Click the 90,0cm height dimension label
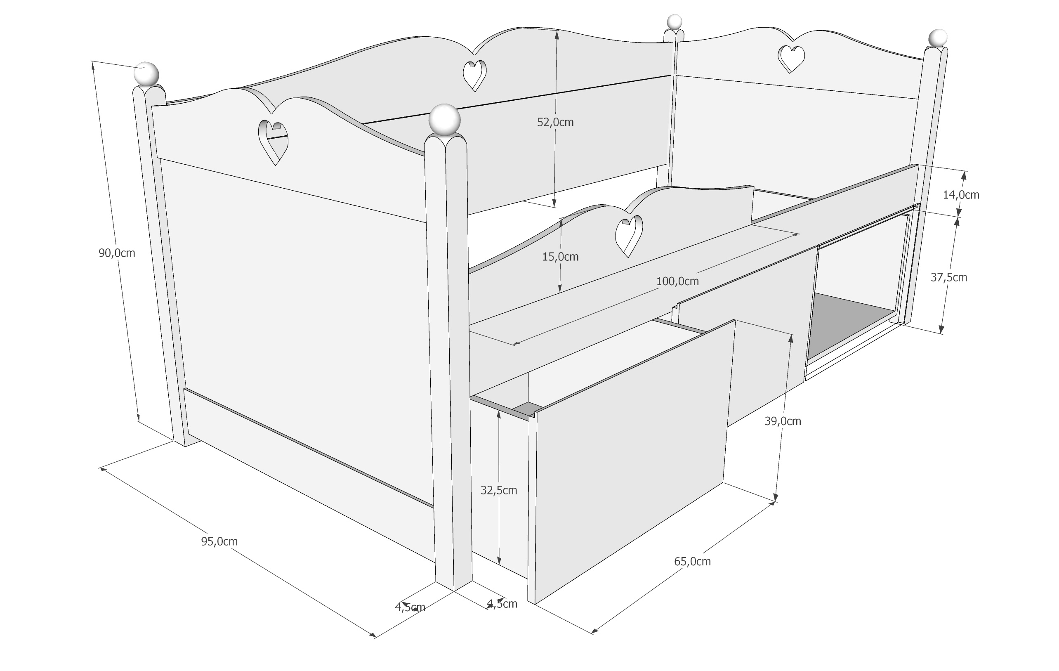coord(116,253)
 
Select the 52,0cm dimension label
coord(555,122)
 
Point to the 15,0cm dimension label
coord(560,257)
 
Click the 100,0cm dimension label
coord(677,281)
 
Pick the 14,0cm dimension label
coord(961,194)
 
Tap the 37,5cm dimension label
coord(948,277)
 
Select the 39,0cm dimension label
coord(783,421)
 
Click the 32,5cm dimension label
coord(499,490)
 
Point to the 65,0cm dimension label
coord(692,562)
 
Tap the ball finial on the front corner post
coord(445,119)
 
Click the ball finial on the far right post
coord(938,38)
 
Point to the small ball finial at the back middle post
coord(674,21)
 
